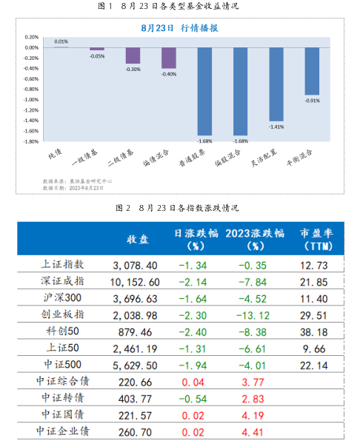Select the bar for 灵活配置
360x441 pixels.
[276, 84]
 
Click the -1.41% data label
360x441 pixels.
[276, 127]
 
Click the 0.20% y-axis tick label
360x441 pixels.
[32, 36]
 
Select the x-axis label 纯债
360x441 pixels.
[54, 151]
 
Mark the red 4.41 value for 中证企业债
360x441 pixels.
[253, 430]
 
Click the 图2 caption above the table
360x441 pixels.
[180, 208]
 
